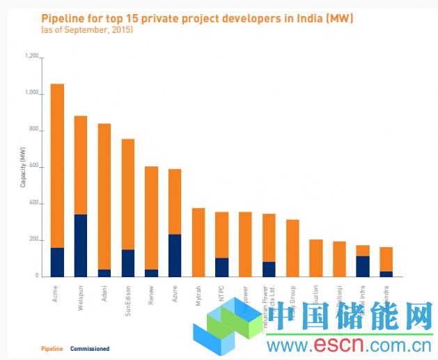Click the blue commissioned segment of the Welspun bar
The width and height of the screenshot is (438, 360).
pyautogui.click(x=81, y=245)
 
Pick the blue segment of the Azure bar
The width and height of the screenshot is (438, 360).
pyautogui.click(x=175, y=255)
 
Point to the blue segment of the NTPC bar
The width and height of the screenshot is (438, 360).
pyautogui.click(x=221, y=267)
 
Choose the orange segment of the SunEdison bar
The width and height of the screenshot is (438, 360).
pyautogui.click(x=128, y=194)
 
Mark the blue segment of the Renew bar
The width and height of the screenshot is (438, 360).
pyautogui.click(x=151, y=272)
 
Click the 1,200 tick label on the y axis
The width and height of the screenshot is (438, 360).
pyautogui.click(x=31, y=56)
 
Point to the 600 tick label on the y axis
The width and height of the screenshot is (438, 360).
pyautogui.click(x=33, y=167)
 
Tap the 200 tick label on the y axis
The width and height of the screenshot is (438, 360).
pyautogui.click(x=33, y=240)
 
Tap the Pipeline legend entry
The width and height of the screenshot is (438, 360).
pyautogui.click(x=52, y=348)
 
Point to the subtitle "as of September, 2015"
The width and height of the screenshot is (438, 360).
pyautogui.click(x=87, y=31)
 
